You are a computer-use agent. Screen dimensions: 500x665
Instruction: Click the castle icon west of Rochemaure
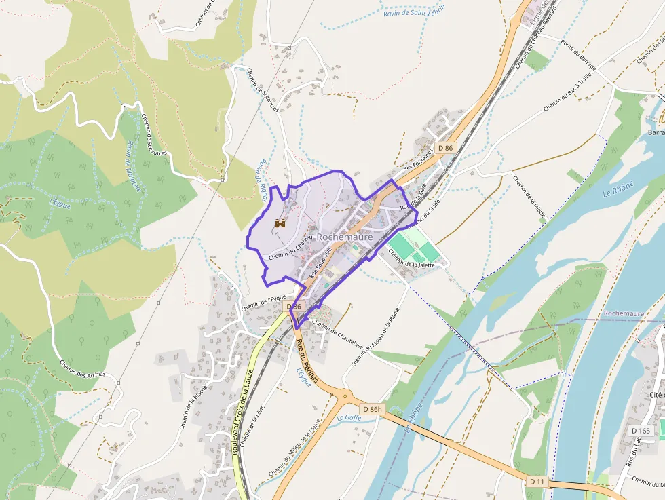pyautogui.click(x=280, y=223)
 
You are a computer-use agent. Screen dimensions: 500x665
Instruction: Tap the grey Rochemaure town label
pyautogui.click(x=344, y=237)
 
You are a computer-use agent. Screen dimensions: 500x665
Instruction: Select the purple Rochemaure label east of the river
pyautogui.click(x=623, y=313)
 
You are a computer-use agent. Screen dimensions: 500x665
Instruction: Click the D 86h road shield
pyautogui.click(x=373, y=409)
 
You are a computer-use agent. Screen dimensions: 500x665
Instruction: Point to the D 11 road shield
pyautogui.click(x=537, y=481)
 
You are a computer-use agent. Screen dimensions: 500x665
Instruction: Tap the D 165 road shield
pyautogui.click(x=640, y=430)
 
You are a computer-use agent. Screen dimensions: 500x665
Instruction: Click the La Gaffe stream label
pyautogui.click(x=349, y=417)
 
